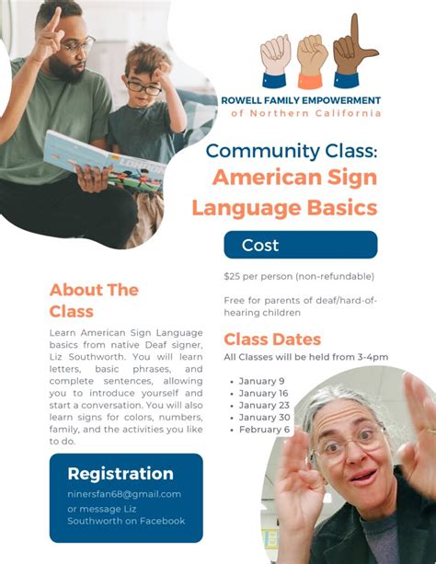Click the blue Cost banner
(x=300, y=245)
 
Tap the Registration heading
(x=120, y=474)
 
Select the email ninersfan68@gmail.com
(x=124, y=494)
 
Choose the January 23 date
(x=264, y=405)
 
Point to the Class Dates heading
(x=272, y=340)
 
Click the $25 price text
(x=233, y=276)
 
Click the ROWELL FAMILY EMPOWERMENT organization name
(x=301, y=99)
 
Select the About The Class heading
(x=94, y=300)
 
